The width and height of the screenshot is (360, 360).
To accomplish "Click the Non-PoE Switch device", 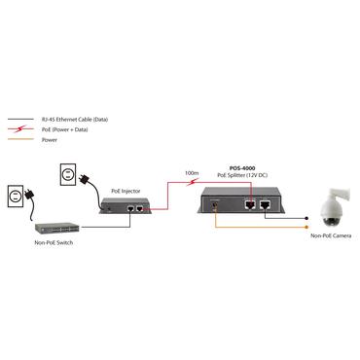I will pos(53,220).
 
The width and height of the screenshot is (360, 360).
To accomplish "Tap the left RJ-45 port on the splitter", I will pos(251,205).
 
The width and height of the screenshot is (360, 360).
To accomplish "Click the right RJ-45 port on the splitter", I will pos(267,205).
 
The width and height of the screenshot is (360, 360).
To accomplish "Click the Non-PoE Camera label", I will pos(330,236).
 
